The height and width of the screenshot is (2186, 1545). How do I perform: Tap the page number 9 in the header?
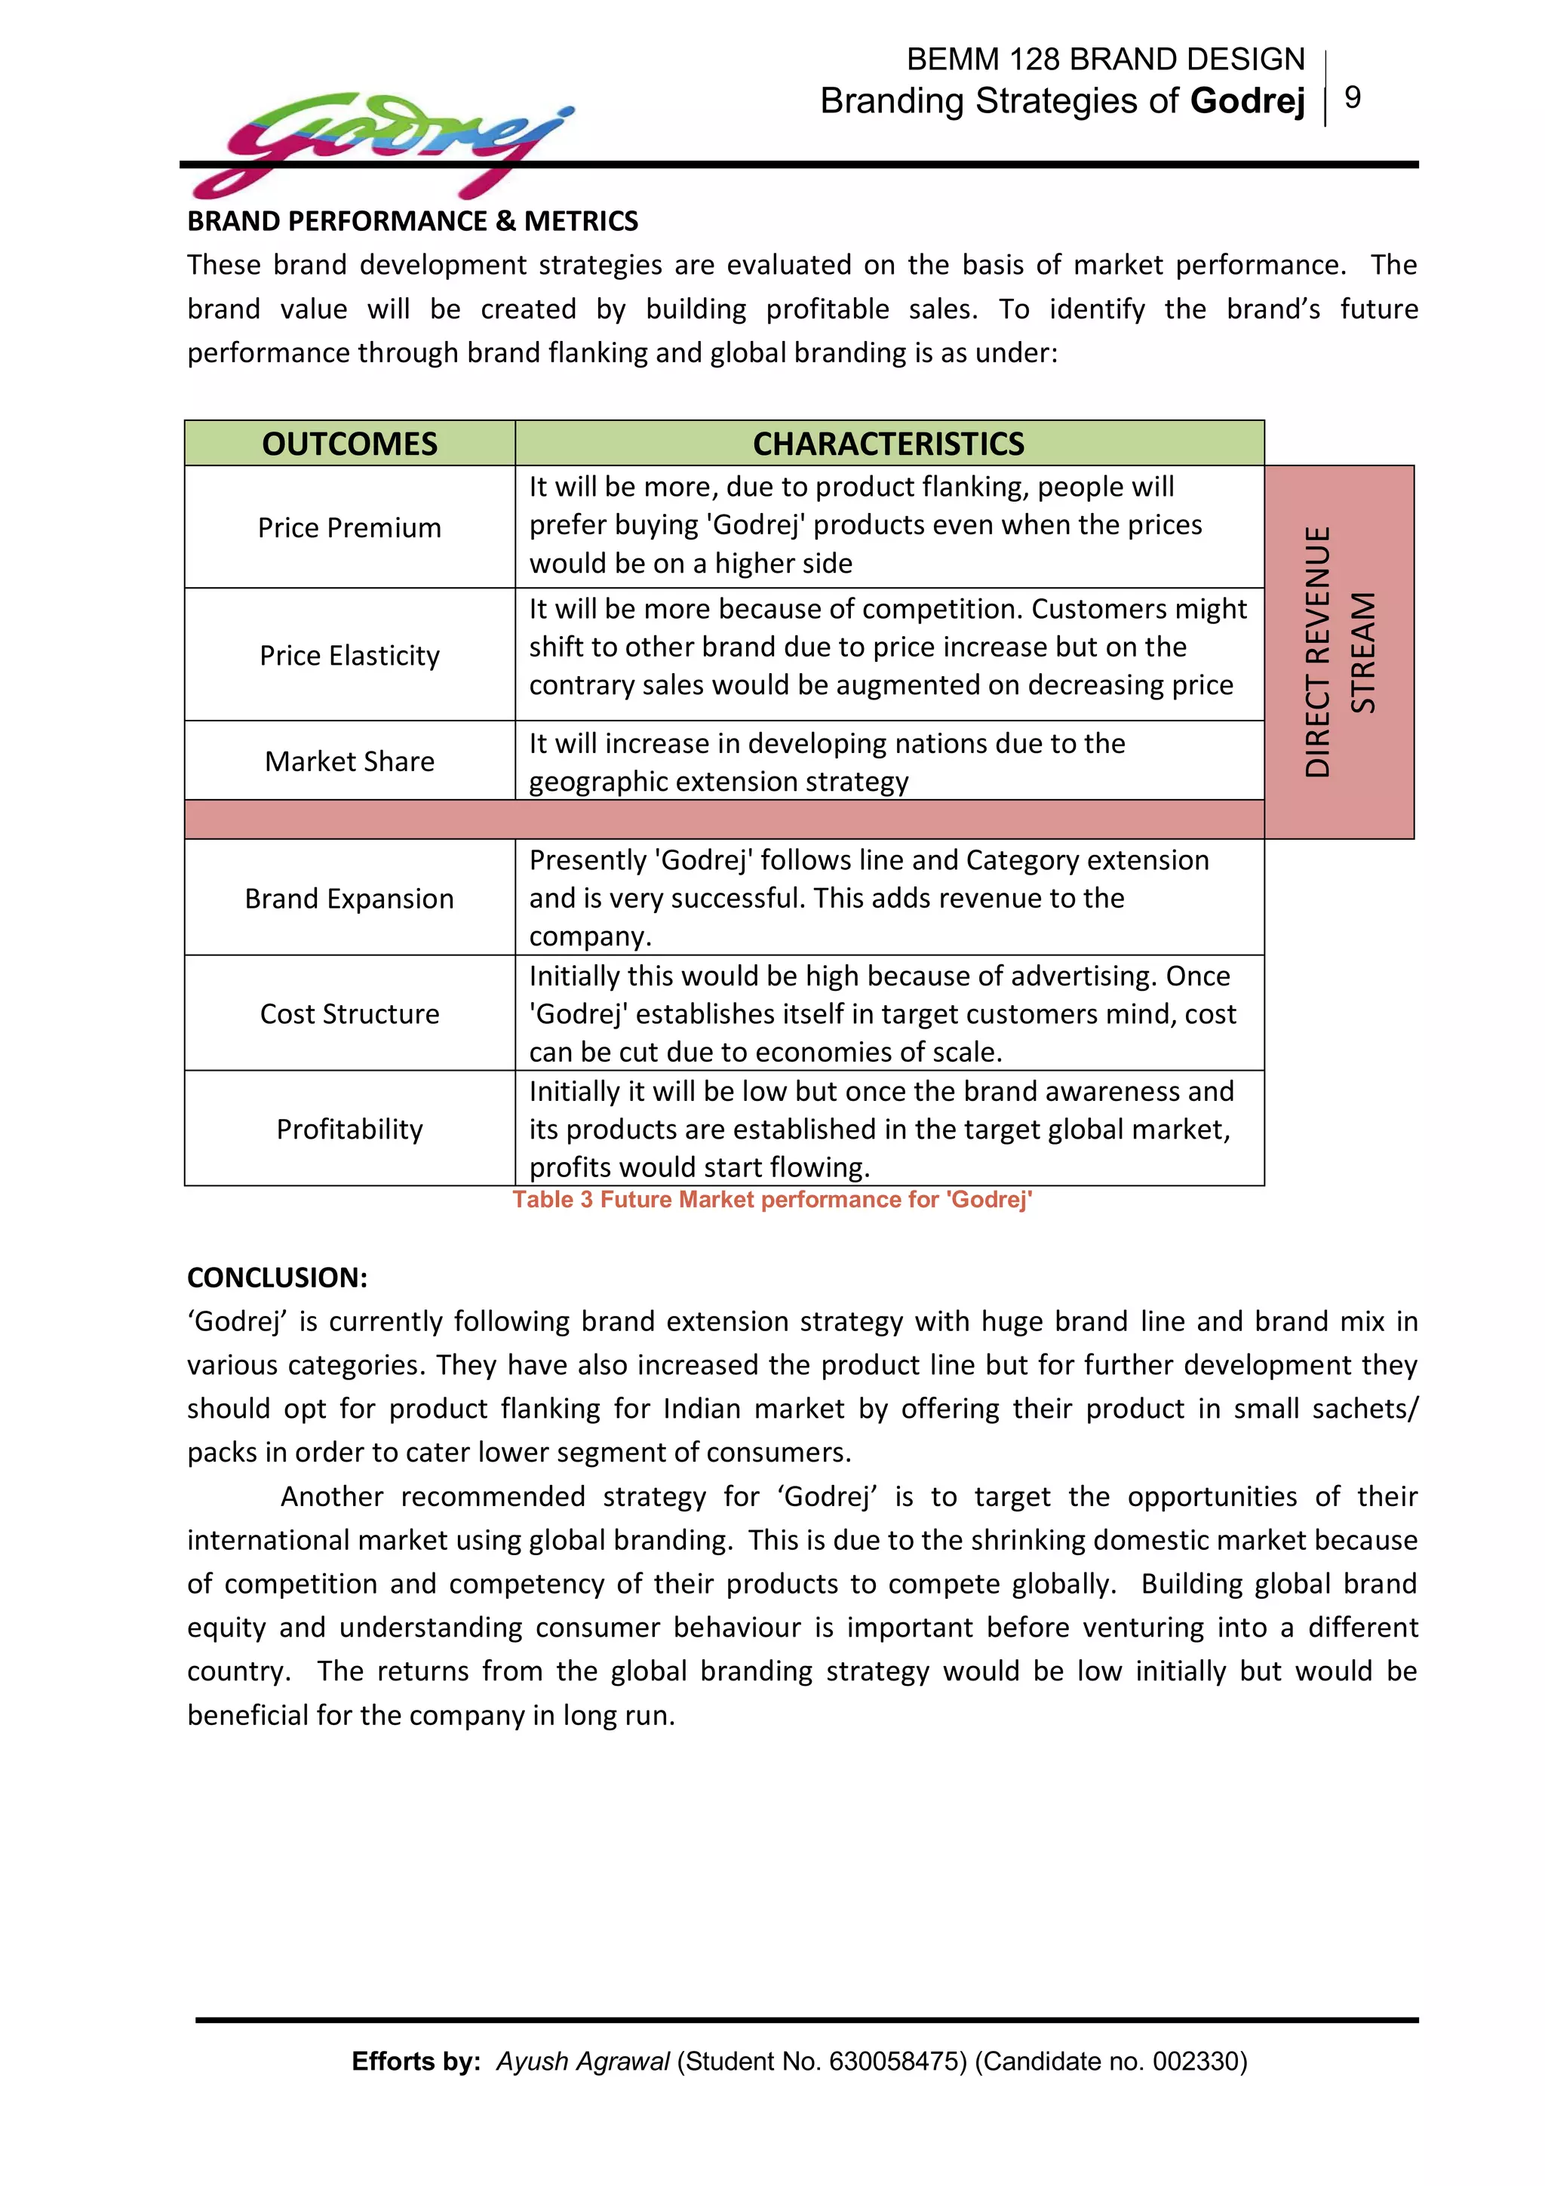(x=1352, y=97)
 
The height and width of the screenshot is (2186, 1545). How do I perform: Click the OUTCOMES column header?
(x=349, y=444)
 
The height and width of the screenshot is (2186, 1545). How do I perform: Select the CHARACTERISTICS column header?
(x=888, y=444)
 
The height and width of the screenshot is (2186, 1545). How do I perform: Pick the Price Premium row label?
(x=349, y=527)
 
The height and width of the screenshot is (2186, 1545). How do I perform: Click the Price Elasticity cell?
(x=349, y=655)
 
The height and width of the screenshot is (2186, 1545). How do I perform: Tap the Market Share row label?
(x=349, y=761)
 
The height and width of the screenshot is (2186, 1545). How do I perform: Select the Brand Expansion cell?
(x=349, y=898)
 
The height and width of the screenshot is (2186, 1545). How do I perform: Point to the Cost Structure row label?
(x=349, y=1013)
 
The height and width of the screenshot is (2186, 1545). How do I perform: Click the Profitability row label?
(x=349, y=1128)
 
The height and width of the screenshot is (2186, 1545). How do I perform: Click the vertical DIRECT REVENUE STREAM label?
(x=1339, y=652)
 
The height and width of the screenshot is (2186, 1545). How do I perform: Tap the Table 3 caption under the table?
(x=772, y=1200)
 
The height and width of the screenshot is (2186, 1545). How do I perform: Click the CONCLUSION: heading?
(x=277, y=1277)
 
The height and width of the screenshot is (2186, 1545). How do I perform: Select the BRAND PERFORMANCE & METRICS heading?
(x=412, y=221)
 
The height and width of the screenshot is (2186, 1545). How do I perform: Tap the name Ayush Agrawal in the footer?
(x=582, y=2061)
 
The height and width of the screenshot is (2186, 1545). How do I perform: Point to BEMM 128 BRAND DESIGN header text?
(x=1104, y=59)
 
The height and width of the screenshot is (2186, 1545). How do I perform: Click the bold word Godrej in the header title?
(x=1247, y=101)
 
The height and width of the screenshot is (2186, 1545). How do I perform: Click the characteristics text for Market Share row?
(x=826, y=761)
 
